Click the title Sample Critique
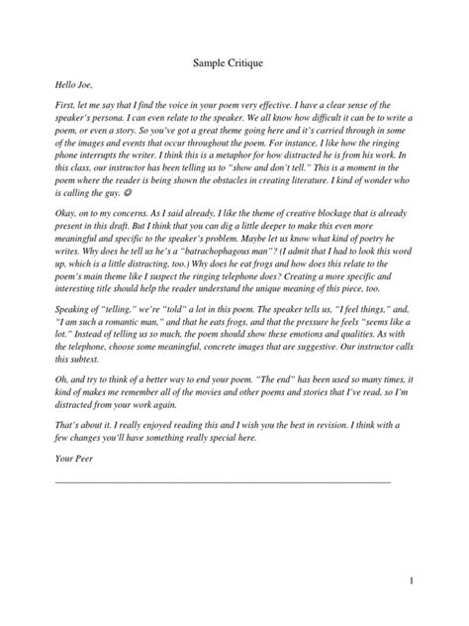[234, 66]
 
